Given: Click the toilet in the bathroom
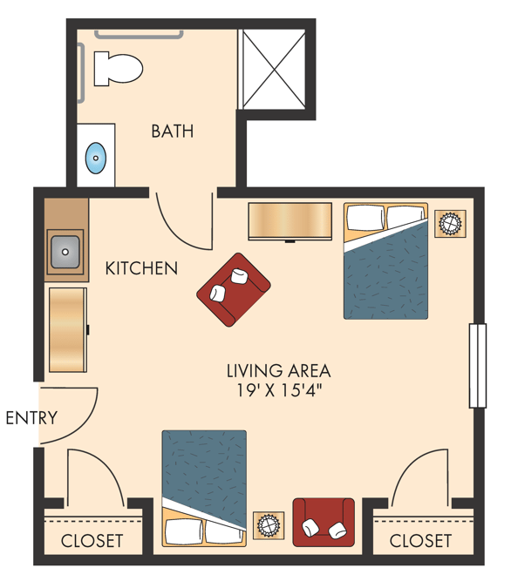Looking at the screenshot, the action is click(x=118, y=69).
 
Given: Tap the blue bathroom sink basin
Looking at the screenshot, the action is click(x=96, y=158).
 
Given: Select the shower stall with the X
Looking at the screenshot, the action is click(x=274, y=70).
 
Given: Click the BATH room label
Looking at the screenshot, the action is click(x=173, y=132).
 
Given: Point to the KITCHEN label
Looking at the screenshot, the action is click(x=141, y=268).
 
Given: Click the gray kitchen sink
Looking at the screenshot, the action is click(x=65, y=252).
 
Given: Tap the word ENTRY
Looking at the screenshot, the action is click(x=31, y=418).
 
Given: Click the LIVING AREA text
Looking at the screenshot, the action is click(x=278, y=371).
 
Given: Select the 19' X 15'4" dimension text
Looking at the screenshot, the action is click(x=279, y=390).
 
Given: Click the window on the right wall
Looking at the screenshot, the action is click(x=478, y=366).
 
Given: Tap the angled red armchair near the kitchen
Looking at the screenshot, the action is click(x=234, y=289).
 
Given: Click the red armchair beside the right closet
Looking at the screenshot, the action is click(x=324, y=523).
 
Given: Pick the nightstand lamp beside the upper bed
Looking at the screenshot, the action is click(x=450, y=224).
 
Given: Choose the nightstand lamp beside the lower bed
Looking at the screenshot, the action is click(x=269, y=525).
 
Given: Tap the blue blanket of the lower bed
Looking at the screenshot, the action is click(x=204, y=472).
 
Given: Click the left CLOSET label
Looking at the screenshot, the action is click(x=92, y=541).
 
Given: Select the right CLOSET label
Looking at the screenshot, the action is click(x=420, y=541).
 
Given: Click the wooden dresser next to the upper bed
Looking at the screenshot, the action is click(x=290, y=221).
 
